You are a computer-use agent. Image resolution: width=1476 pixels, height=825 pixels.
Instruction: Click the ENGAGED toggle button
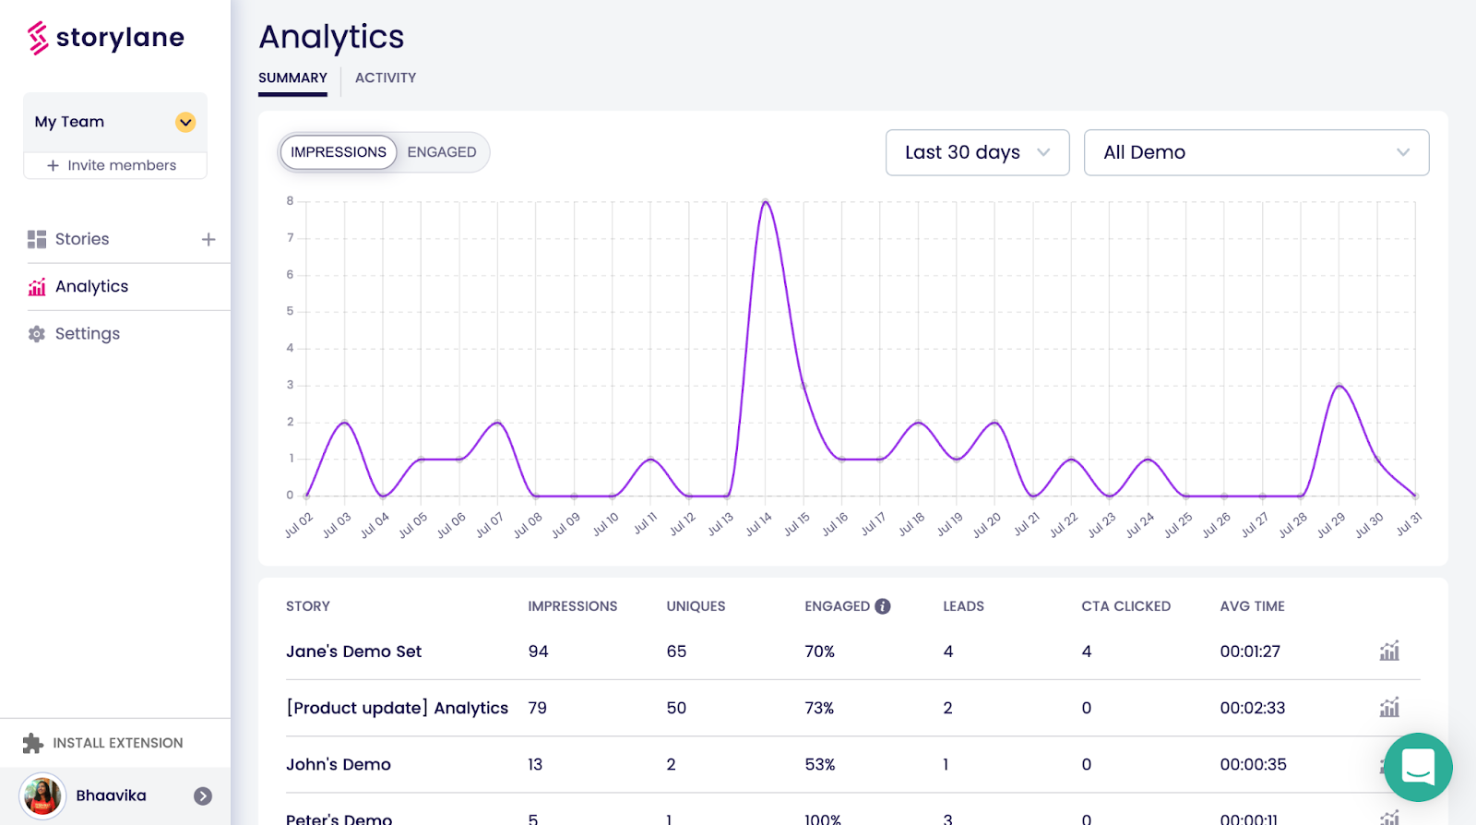(442, 152)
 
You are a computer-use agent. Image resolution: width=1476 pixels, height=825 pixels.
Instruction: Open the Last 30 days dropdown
(977, 152)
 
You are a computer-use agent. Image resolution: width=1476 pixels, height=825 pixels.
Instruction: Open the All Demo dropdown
(1256, 152)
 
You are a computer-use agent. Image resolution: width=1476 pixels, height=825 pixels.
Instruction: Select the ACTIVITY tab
(386, 78)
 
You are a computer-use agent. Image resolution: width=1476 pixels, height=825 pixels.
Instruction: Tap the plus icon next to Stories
(208, 240)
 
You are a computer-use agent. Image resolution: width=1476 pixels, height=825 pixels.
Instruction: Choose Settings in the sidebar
(87, 334)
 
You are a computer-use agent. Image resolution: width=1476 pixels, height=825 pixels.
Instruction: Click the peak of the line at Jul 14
(765, 201)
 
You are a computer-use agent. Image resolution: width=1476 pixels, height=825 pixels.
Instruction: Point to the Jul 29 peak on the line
(1339, 385)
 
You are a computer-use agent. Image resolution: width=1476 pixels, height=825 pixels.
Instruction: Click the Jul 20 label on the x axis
(987, 524)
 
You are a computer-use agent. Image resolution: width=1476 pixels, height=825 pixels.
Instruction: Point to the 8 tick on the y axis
(290, 201)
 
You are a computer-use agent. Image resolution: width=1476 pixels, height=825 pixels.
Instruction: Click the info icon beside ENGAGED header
(883, 606)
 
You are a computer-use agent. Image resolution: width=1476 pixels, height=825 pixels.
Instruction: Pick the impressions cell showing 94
(538, 652)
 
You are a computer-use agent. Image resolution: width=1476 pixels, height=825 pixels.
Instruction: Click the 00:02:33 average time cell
(1252, 708)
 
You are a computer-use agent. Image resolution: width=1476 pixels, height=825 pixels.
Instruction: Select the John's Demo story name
(339, 764)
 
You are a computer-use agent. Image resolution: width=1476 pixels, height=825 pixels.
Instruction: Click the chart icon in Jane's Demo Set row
(1389, 652)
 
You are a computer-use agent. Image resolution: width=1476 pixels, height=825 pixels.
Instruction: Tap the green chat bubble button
(1418, 767)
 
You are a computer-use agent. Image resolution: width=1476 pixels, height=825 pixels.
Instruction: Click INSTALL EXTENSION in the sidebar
(117, 743)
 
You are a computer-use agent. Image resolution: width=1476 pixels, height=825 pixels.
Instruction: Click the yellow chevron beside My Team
(185, 122)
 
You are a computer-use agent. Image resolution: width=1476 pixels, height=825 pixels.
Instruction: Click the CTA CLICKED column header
(1125, 606)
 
